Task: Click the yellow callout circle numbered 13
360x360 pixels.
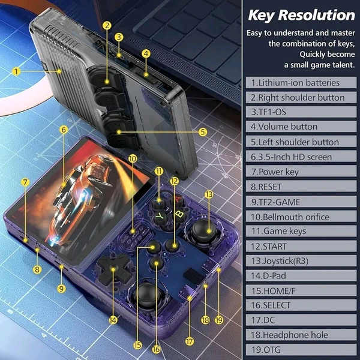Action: (209, 194)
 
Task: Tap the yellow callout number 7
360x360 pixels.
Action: (25, 182)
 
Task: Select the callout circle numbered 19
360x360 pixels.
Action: (219, 320)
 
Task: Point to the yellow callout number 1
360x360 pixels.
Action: (16, 71)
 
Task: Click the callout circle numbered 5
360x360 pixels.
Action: (203, 132)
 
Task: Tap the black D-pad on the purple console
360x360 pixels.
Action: (113, 269)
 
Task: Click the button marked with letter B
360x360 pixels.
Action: (179, 214)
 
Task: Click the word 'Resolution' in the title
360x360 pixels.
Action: (317, 15)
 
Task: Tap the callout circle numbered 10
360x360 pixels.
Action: (133, 158)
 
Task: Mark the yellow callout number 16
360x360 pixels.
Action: (156, 349)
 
